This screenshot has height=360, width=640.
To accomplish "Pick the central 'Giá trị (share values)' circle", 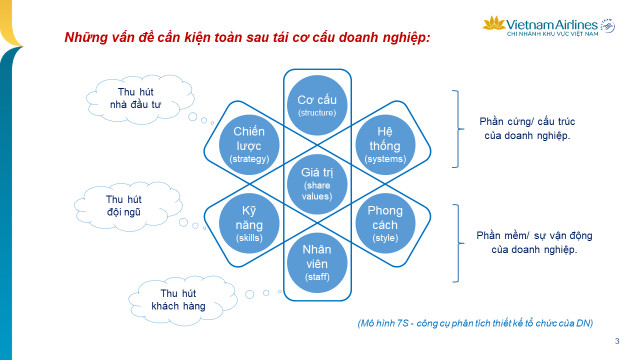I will (x=318, y=180).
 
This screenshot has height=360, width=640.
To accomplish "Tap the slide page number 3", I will (x=616, y=340).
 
